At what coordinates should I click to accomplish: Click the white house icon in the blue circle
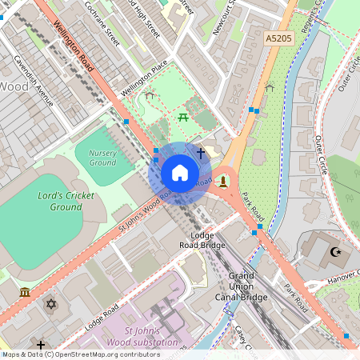(180, 174)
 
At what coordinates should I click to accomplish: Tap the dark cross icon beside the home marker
(200, 151)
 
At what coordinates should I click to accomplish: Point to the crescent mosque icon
(335, 253)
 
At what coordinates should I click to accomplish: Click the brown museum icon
(25, 292)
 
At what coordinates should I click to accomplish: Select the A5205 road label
(279, 38)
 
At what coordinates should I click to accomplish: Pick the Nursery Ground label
(102, 157)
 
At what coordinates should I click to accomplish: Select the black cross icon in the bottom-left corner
(41, 345)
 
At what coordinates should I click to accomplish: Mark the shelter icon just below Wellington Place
(150, 95)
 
